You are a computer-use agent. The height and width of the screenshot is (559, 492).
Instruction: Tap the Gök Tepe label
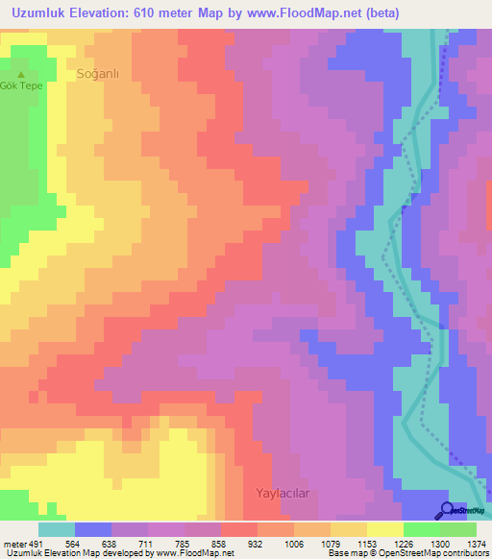tap(22, 85)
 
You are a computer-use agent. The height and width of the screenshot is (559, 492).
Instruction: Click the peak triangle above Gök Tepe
tap(22, 74)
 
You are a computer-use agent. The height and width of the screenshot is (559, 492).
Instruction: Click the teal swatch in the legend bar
tap(57, 529)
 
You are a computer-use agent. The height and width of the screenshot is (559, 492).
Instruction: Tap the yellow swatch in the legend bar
tap(385, 529)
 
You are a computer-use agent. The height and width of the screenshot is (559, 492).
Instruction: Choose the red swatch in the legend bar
tap(239, 529)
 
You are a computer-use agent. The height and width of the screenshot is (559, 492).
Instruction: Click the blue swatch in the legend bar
tap(93, 529)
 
